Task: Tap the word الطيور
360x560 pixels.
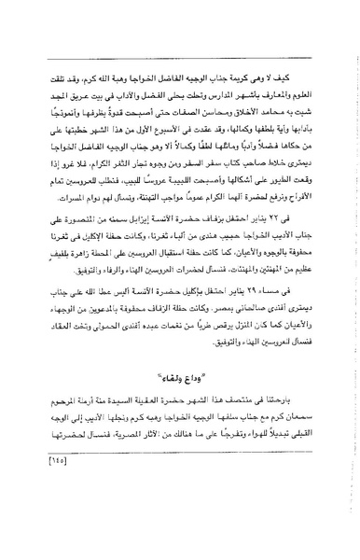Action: click(x=288, y=212)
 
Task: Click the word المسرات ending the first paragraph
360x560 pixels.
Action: click(x=60, y=225)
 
